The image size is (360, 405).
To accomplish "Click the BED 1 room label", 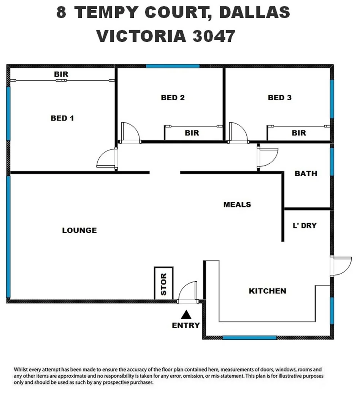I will tap(62, 118).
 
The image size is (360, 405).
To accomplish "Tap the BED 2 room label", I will tap(173, 98).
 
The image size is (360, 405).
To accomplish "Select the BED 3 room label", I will tap(279, 98).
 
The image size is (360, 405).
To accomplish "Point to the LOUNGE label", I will tap(79, 230).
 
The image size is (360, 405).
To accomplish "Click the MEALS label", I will tap(237, 204).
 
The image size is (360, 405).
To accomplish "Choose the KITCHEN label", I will tap(267, 291).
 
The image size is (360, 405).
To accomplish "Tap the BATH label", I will tap(306, 174).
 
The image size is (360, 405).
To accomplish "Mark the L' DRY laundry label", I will tap(304, 225).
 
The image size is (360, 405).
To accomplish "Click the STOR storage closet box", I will tap(164, 283).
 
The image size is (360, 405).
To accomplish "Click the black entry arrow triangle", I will tap(186, 315).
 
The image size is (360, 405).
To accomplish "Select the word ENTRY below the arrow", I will tap(186, 325).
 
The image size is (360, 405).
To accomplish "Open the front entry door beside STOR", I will tap(188, 292).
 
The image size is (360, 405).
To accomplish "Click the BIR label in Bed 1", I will tap(61, 74).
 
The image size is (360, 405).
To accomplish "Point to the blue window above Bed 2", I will tap(173, 66).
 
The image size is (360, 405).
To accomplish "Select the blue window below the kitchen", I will tap(249, 337).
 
